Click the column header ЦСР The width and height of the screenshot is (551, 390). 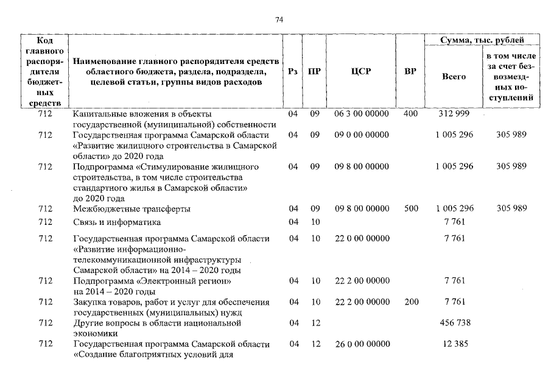point(361,71)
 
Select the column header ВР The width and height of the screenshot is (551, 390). point(410,71)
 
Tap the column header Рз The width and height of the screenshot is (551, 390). point(293,71)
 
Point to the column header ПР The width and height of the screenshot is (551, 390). point(315,71)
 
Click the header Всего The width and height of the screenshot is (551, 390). point(454,77)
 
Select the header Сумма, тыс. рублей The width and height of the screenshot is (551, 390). point(482,40)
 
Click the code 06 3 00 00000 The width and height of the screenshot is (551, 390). point(362,115)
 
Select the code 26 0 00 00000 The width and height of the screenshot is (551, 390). point(362,344)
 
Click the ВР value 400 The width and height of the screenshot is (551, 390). point(410,115)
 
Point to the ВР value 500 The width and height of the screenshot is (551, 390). point(411,208)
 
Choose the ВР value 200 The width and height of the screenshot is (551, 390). point(411,302)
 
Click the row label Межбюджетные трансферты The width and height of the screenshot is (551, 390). point(131,208)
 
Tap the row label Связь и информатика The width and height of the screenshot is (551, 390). point(116,222)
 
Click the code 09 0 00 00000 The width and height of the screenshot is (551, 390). point(362,134)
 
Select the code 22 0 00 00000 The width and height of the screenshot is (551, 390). point(362,238)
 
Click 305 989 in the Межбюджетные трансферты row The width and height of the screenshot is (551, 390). point(511,208)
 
